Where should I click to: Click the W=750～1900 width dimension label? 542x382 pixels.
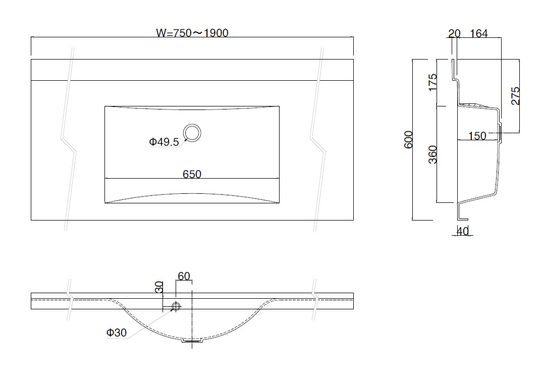pos(192,33)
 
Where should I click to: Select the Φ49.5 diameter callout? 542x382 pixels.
pos(164,142)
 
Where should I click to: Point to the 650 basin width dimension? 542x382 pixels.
pos(192,174)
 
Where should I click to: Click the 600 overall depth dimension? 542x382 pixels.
pos(409,140)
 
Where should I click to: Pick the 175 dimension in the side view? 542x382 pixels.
pos(432,82)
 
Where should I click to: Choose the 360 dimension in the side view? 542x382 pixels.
pos(432,154)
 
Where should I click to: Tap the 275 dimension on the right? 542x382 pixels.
pos(515,96)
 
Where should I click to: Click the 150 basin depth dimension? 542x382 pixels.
pos(477,136)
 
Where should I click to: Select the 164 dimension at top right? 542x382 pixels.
pos(479,33)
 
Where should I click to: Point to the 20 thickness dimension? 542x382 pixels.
pos(454,33)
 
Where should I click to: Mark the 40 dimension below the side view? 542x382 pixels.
pos(463,231)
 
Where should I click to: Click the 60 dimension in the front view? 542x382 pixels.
pos(184,276)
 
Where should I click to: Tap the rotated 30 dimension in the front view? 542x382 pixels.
pos(158,287)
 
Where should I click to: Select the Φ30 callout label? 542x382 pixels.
pos(117,333)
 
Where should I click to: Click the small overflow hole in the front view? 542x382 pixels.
pos(176,306)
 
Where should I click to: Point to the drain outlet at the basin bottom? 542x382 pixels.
pos(192,341)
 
